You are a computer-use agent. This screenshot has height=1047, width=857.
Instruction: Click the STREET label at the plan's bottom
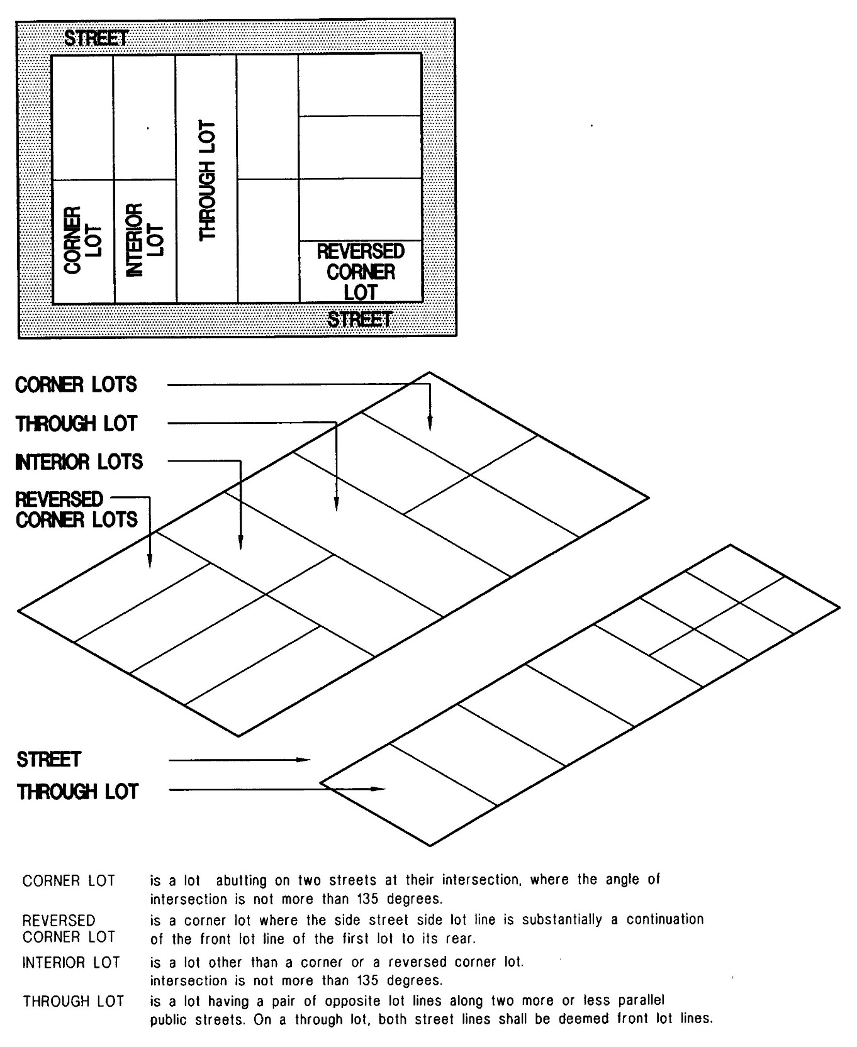coord(359,320)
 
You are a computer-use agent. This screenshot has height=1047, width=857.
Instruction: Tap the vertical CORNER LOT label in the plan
coord(82,240)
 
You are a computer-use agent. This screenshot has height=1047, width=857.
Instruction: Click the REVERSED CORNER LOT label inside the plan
coord(361,272)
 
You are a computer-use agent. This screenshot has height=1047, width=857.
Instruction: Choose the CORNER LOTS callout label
coord(76,384)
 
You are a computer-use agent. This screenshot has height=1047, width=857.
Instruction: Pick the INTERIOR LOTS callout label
coord(79,462)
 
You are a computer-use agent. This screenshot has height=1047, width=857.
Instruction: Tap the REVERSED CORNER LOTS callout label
coord(76,509)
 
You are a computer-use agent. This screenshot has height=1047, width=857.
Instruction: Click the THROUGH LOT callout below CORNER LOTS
coord(76,423)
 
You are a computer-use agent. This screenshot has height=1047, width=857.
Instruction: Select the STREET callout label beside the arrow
coord(49,760)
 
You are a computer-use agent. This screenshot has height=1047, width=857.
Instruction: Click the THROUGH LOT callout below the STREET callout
coord(77,790)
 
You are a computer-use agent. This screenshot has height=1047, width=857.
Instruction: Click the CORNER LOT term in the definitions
coord(69,880)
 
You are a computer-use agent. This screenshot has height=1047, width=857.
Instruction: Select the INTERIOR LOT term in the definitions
coord(71,963)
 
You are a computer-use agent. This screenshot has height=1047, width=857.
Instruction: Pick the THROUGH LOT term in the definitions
coord(73,1001)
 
